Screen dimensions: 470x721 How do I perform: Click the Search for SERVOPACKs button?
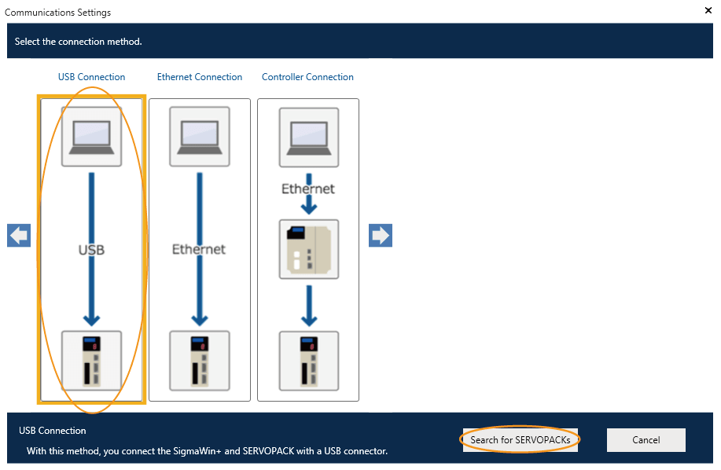[x=520, y=440]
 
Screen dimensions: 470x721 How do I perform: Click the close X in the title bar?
[x=708, y=11]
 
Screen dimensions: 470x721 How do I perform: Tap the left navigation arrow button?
[x=19, y=236]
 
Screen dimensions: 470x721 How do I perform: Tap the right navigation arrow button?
[x=381, y=236]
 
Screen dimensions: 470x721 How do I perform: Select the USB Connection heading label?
[x=91, y=77]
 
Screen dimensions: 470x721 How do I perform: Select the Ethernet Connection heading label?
[x=200, y=77]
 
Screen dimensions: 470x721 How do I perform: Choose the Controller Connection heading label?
[x=307, y=77]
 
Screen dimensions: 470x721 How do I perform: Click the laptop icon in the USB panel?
[x=92, y=136]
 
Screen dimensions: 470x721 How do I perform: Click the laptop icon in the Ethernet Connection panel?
[x=200, y=136]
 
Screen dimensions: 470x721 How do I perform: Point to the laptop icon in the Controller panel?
[x=309, y=136]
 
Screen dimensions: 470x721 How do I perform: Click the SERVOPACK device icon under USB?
[x=92, y=361]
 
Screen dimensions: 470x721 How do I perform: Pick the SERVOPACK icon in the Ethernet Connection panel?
[x=200, y=361]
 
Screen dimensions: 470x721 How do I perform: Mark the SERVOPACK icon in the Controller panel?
[x=309, y=361]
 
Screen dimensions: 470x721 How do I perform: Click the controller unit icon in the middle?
[x=309, y=249]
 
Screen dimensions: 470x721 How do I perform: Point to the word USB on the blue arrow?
[x=91, y=250]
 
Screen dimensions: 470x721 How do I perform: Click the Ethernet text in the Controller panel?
[x=309, y=189]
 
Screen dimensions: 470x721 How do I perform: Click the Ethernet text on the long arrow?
[x=199, y=249]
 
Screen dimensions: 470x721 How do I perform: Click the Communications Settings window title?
[x=58, y=13]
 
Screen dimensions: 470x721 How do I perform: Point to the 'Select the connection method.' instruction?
[x=78, y=42]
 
